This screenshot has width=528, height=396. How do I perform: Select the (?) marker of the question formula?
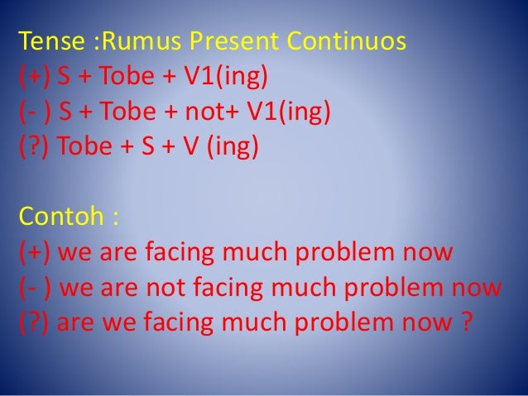(34, 148)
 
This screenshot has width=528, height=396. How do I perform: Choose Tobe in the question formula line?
(84, 148)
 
